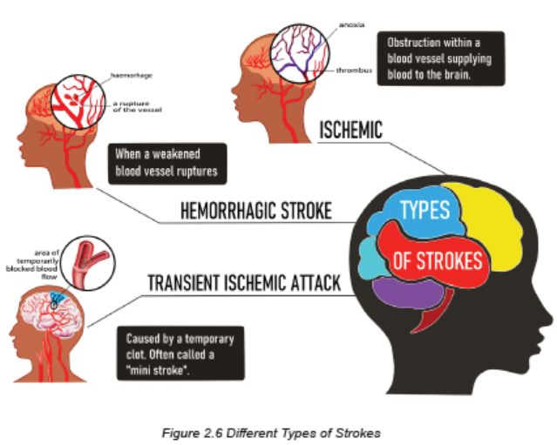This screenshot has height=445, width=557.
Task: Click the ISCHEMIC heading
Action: click(x=351, y=130)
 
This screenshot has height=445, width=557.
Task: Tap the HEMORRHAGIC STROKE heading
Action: click(x=256, y=211)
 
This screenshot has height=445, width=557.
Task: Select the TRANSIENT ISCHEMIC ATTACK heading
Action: click(x=244, y=283)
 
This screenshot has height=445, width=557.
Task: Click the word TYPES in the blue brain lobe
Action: click(x=425, y=209)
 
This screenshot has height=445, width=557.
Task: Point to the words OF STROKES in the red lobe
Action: click(x=438, y=261)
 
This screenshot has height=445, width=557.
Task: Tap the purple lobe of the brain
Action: click(x=409, y=293)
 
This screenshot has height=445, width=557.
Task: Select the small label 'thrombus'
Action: click(x=354, y=71)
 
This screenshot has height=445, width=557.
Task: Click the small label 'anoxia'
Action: click(x=351, y=25)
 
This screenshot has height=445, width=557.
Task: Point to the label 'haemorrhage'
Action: click(x=132, y=75)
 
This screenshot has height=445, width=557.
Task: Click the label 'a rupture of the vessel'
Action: click(x=137, y=106)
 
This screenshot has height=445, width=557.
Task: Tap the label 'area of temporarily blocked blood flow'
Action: click(x=32, y=265)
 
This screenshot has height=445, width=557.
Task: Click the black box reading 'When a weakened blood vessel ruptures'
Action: click(x=167, y=164)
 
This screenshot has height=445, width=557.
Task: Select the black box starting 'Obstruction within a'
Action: click(x=441, y=58)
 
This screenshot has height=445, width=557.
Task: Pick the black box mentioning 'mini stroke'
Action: click(x=180, y=353)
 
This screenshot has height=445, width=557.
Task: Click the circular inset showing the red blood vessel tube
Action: click(x=88, y=263)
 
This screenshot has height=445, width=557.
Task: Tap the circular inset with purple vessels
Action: click(x=300, y=54)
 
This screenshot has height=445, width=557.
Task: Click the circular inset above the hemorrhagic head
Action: click(x=78, y=102)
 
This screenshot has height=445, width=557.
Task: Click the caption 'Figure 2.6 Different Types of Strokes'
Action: click(x=271, y=434)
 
